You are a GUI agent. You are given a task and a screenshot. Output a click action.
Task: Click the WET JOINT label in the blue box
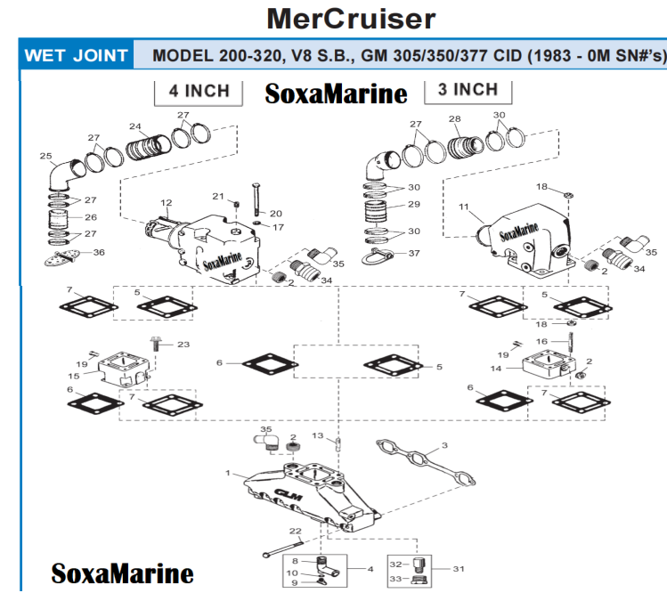(76, 55)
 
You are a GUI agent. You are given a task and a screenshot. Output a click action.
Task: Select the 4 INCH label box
(199, 90)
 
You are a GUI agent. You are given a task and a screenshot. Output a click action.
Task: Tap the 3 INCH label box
(468, 89)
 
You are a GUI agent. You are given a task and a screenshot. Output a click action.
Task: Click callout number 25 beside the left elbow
(46, 156)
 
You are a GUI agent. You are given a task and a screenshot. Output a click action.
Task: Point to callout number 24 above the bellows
(135, 126)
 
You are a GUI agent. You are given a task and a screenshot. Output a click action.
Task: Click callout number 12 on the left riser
(165, 203)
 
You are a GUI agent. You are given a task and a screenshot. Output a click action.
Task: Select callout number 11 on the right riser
(464, 207)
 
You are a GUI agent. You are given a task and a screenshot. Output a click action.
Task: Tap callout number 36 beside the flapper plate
(99, 253)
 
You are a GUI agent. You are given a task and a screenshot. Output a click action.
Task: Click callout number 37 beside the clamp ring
(413, 253)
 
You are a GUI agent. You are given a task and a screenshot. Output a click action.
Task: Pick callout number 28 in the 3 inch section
(454, 118)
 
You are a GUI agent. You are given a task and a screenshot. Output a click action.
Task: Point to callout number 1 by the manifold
(228, 472)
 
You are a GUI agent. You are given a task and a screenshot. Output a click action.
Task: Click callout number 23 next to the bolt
(183, 344)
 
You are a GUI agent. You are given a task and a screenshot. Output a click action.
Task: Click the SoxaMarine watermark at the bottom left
(122, 573)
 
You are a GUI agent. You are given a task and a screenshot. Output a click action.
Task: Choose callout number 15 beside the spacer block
(74, 376)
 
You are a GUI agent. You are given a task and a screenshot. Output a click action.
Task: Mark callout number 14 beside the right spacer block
(496, 367)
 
